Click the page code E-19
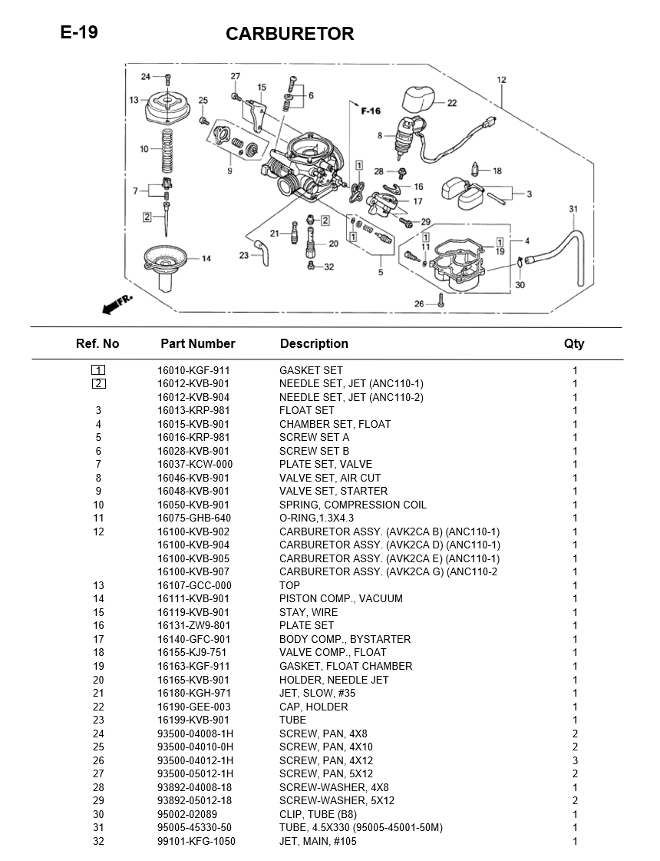79,32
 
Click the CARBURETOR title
289,34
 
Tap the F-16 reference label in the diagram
371,111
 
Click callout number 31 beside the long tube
573,209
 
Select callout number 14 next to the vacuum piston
206,259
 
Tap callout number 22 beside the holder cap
451,103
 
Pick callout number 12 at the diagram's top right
501,80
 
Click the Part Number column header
197,343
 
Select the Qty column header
574,343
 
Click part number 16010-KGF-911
193,370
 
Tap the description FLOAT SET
306,410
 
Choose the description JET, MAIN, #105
318,841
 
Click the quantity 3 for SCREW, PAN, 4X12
575,760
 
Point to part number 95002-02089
187,814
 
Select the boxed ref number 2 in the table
98,383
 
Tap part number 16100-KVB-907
193,571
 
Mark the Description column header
314,343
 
